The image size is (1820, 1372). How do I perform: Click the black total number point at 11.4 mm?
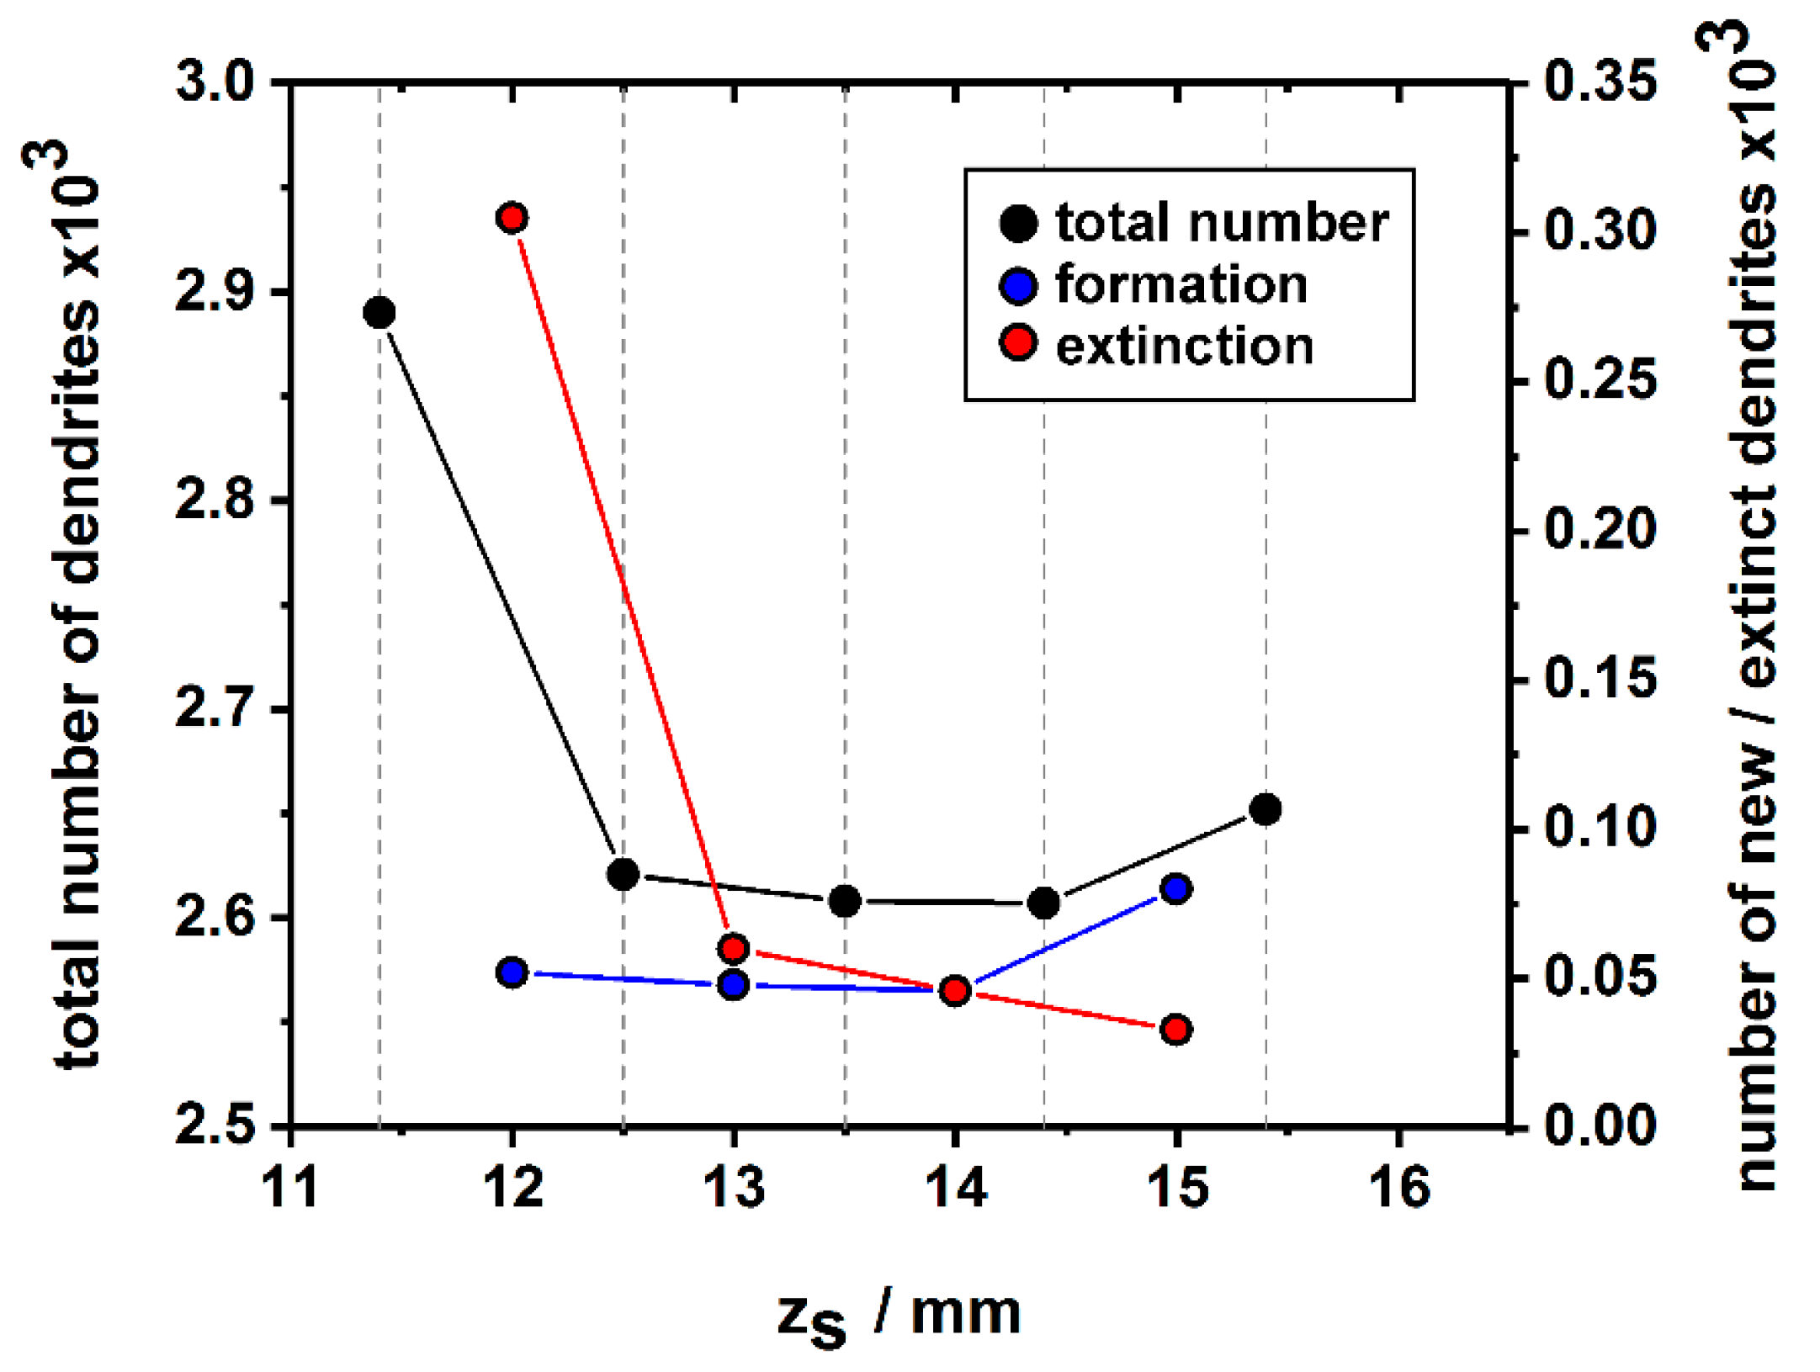click(x=379, y=313)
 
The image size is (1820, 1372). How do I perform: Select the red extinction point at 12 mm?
click(x=512, y=218)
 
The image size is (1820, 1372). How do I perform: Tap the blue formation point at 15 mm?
click(x=1176, y=888)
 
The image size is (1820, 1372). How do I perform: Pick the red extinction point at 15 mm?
click(x=1176, y=1029)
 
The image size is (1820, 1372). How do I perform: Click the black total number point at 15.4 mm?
click(x=1266, y=809)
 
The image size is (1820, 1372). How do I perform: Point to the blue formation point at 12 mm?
click(x=512, y=972)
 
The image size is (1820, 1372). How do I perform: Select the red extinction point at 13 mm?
click(x=734, y=949)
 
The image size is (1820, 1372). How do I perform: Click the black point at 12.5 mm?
click(x=623, y=874)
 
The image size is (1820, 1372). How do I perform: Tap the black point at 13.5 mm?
click(x=845, y=901)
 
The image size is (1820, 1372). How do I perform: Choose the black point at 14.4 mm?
click(x=1044, y=903)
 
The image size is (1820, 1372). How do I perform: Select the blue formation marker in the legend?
click(x=1018, y=285)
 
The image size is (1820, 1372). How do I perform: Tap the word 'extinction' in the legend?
click(x=1185, y=346)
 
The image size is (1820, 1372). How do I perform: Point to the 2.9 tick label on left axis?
click(x=215, y=293)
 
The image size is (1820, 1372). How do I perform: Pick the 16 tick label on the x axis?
click(x=1399, y=1187)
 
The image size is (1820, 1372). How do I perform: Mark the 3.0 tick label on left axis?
click(x=215, y=83)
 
